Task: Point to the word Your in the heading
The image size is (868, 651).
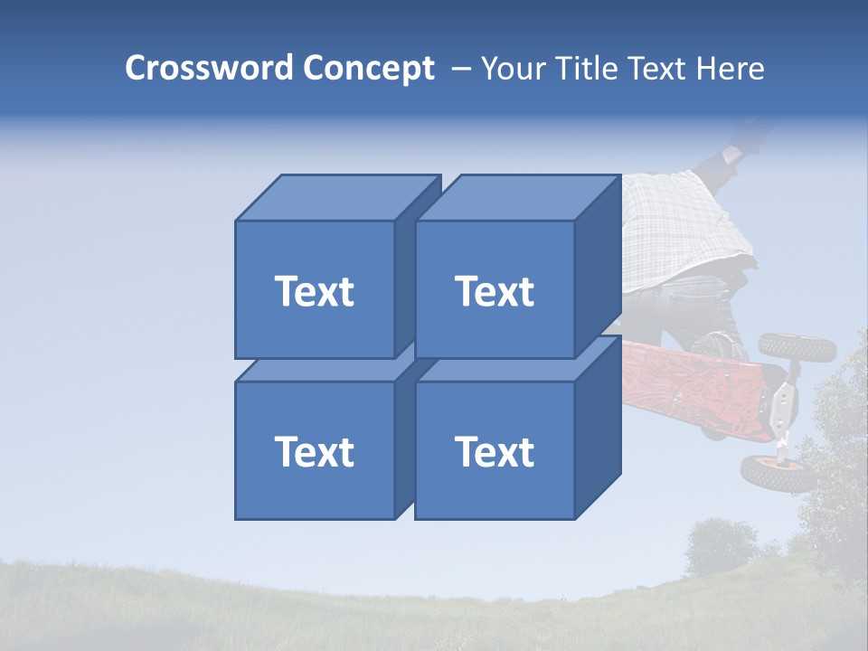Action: (513, 69)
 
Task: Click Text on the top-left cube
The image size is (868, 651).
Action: (315, 291)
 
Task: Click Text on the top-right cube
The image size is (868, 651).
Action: (495, 291)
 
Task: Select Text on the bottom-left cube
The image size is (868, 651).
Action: (315, 451)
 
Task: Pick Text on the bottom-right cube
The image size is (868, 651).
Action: (495, 451)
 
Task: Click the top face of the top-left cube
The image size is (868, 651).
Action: (335, 197)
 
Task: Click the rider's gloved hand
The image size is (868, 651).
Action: (747, 136)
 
